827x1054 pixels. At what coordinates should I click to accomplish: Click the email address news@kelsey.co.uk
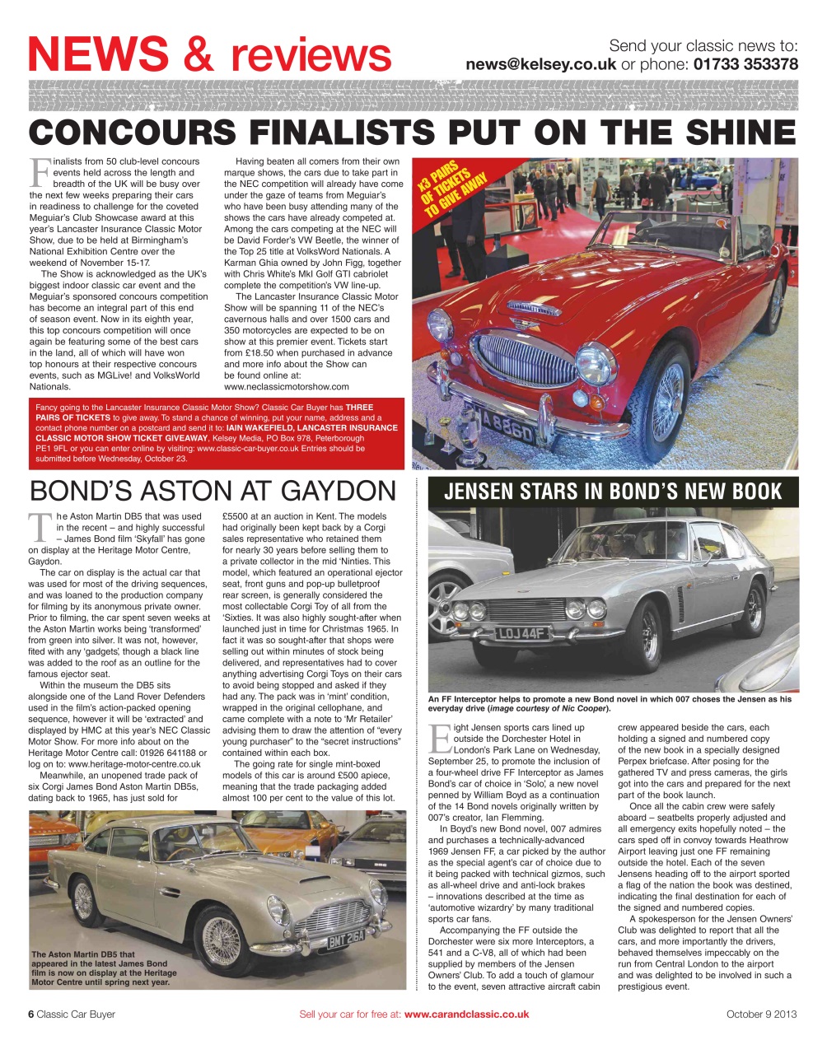coord(540,64)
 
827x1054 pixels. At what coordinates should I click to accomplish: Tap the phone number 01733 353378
coord(745,64)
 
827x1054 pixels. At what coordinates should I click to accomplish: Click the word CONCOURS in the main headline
coord(133,133)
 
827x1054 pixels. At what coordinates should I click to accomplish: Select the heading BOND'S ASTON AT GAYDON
coord(213,491)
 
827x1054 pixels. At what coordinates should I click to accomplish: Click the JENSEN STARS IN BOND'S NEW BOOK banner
coord(613,492)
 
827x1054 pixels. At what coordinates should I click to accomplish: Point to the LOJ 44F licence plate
coord(524,633)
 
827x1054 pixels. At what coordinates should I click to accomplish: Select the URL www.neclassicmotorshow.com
coord(286,386)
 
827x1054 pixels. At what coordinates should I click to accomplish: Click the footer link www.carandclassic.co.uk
coord(466,1014)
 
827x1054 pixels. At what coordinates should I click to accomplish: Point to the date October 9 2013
coord(761,1014)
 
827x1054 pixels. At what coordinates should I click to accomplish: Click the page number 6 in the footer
coord(31,1014)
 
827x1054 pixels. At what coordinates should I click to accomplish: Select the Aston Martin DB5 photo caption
coord(99,968)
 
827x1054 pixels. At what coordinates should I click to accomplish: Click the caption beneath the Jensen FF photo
coord(610,703)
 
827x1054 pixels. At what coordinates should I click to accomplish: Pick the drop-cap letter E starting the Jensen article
coord(439,738)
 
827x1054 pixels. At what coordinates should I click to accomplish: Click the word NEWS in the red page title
coord(97,54)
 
